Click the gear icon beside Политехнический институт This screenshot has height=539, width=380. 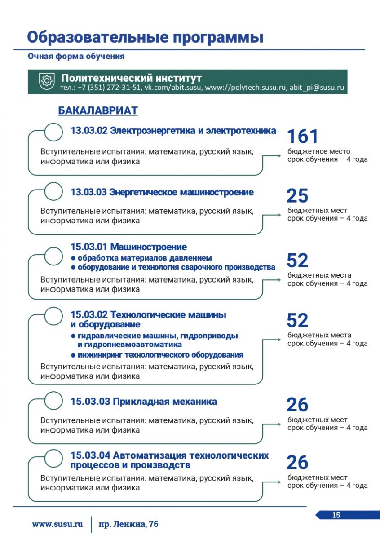(46, 81)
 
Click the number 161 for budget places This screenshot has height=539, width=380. (302, 137)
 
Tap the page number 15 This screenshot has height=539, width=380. (336, 515)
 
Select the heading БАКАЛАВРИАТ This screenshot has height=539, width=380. (98, 110)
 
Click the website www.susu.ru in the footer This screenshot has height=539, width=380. (57, 524)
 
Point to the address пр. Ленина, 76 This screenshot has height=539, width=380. (128, 524)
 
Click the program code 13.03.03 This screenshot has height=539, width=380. (88, 193)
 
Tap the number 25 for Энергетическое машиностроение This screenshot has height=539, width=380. (297, 196)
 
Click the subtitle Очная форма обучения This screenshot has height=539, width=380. (76, 57)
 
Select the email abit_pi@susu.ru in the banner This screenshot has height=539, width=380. (317, 88)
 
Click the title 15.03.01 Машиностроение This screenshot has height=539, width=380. (128, 247)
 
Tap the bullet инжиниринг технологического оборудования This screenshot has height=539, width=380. (160, 355)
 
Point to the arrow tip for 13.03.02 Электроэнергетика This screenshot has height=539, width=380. (281, 156)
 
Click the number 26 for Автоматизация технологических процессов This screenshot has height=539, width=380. (297, 463)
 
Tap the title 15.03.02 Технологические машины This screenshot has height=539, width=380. (148, 315)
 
